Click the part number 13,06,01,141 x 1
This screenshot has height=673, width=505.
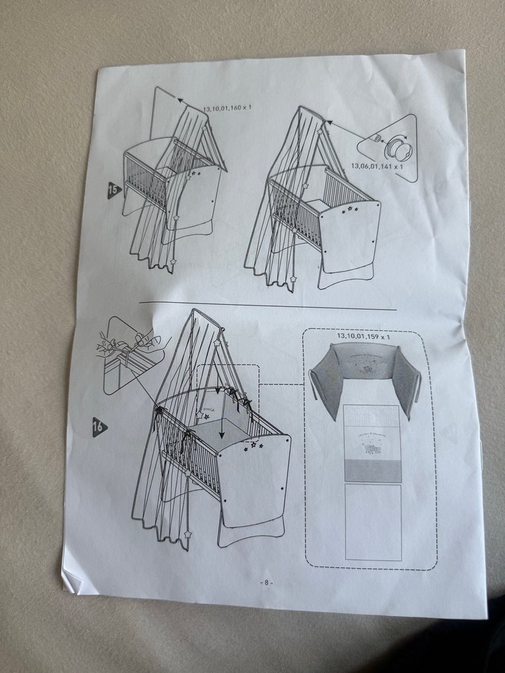click(377, 166)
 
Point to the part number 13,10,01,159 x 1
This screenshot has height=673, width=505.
click(363, 336)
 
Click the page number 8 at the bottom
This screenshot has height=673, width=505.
click(267, 583)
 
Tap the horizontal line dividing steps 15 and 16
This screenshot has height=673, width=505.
click(268, 306)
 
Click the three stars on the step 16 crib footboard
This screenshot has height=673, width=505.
click(251, 446)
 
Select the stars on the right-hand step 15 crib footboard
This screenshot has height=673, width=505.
click(351, 208)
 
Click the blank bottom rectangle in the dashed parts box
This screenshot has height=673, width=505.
click(373, 521)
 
